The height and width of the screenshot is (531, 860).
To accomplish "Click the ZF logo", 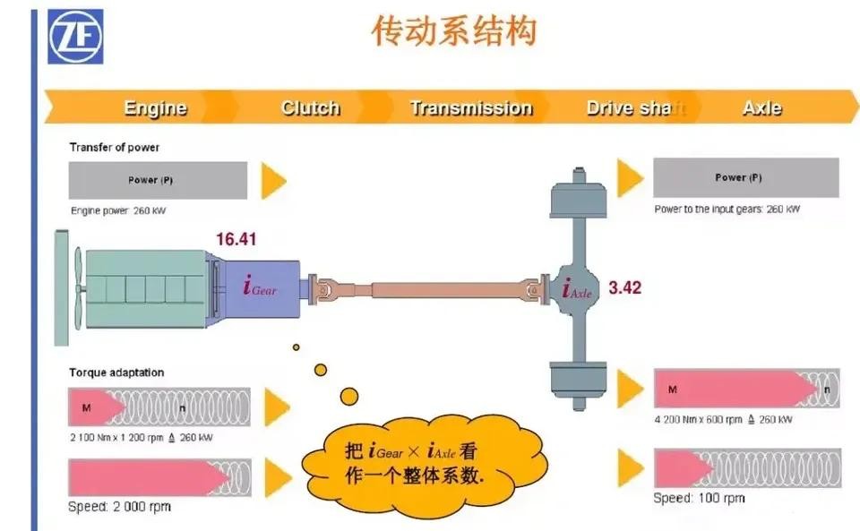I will click(x=75, y=37).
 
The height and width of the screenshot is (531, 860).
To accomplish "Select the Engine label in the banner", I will click(x=155, y=108).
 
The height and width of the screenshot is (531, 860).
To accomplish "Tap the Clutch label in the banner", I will click(x=310, y=108).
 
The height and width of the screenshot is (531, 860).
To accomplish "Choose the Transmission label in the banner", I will click(x=470, y=108).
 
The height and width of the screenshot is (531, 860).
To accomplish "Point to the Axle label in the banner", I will click(x=761, y=108).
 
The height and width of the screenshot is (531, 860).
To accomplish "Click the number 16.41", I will click(x=237, y=239).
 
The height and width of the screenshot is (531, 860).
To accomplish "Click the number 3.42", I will click(x=625, y=288).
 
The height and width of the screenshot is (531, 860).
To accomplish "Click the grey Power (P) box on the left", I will click(x=158, y=180).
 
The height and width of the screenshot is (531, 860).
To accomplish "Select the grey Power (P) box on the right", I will click(x=745, y=177).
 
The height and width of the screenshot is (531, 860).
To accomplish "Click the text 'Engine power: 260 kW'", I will click(x=118, y=211).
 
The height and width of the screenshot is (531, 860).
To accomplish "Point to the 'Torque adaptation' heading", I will click(x=116, y=373).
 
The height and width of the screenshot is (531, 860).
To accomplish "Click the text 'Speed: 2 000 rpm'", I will click(x=119, y=507).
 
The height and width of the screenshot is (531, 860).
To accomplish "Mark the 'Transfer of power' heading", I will click(x=114, y=147).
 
